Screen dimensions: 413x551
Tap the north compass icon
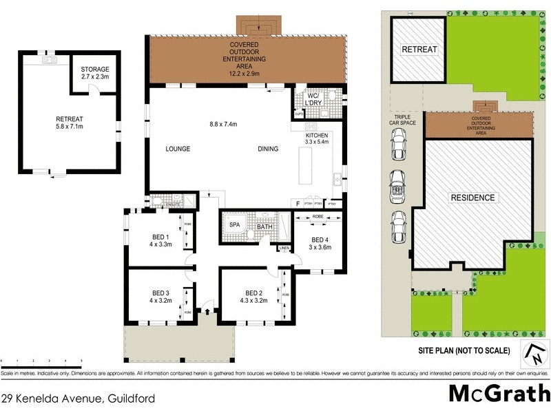tap(534, 354)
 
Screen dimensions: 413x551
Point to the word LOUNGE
tap(178, 149)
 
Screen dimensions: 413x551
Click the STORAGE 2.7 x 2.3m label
tap(94, 73)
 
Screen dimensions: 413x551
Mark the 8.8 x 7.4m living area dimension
tap(223, 125)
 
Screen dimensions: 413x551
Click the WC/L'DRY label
tap(315, 99)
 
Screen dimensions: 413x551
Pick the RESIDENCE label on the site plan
tap(473, 198)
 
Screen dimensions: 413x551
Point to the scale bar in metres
tap(41, 360)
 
